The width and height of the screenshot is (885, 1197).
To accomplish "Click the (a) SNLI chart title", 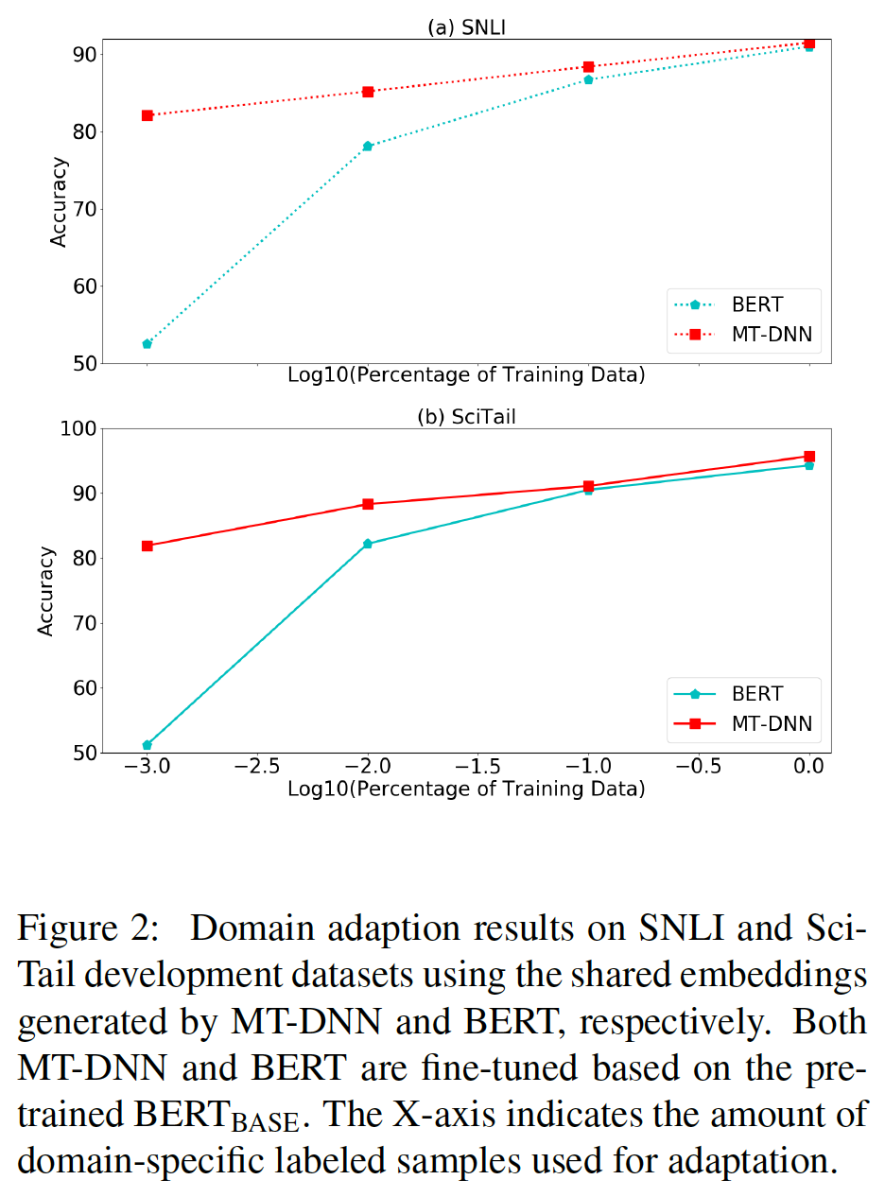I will [x=466, y=28].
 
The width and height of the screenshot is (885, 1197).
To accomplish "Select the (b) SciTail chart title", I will [x=466, y=417].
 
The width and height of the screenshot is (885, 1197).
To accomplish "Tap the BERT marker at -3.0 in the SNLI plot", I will [x=147, y=344].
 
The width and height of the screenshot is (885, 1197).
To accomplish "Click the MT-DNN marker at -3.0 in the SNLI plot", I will [x=147, y=115].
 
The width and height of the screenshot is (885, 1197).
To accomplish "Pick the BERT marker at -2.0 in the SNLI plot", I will [x=368, y=146].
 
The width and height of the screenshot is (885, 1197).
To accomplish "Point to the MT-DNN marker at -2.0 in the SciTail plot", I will [x=368, y=504].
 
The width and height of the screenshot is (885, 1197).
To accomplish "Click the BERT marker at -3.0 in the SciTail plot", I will [x=147, y=745].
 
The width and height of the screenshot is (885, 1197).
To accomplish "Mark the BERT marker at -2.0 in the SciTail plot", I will [x=368, y=544].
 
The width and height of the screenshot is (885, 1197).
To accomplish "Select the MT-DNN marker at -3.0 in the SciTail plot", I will [x=147, y=546].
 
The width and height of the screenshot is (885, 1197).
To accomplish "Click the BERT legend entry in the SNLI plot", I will [x=742, y=305].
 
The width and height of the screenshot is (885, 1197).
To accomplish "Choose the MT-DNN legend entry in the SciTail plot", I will [x=742, y=723].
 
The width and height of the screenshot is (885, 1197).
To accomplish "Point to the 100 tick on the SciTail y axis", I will [x=79, y=428].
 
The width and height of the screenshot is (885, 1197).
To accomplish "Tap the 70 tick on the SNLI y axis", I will [x=85, y=209].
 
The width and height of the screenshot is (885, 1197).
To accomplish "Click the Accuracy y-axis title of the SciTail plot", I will [x=45, y=590].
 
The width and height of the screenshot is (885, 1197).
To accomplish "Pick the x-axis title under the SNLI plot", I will [x=466, y=375].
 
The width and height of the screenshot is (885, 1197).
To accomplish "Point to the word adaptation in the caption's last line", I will [x=745, y=1160].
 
